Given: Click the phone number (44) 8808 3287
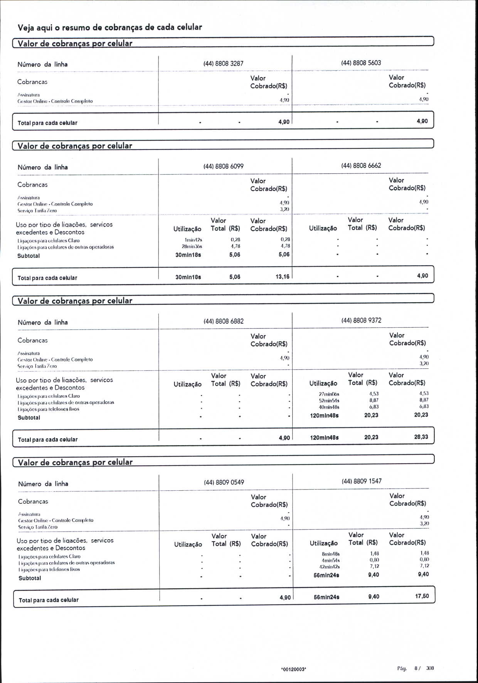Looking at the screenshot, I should click(x=223, y=64).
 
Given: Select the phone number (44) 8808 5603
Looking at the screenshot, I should click(x=361, y=63).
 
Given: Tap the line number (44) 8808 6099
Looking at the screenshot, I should click(x=223, y=166).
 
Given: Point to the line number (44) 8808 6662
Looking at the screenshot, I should click(x=361, y=165).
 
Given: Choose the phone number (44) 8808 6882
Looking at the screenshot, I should click(x=224, y=321).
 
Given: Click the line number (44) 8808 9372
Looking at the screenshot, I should click(x=361, y=320).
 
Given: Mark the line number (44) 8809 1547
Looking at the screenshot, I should click(x=362, y=481).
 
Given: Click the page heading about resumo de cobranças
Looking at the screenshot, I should click(x=110, y=27).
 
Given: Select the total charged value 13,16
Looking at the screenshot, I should click(x=283, y=276).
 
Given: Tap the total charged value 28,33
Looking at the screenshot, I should click(x=421, y=437).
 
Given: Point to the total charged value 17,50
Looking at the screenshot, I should click(x=422, y=596).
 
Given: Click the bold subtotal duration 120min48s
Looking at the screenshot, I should click(x=324, y=416).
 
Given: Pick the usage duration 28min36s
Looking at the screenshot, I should click(x=192, y=246).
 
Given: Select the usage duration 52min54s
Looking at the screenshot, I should click(x=329, y=400).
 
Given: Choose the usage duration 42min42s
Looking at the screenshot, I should click(x=329, y=567).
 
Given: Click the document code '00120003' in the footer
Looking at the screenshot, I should click(x=294, y=670).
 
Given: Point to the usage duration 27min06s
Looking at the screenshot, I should click(x=329, y=394).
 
